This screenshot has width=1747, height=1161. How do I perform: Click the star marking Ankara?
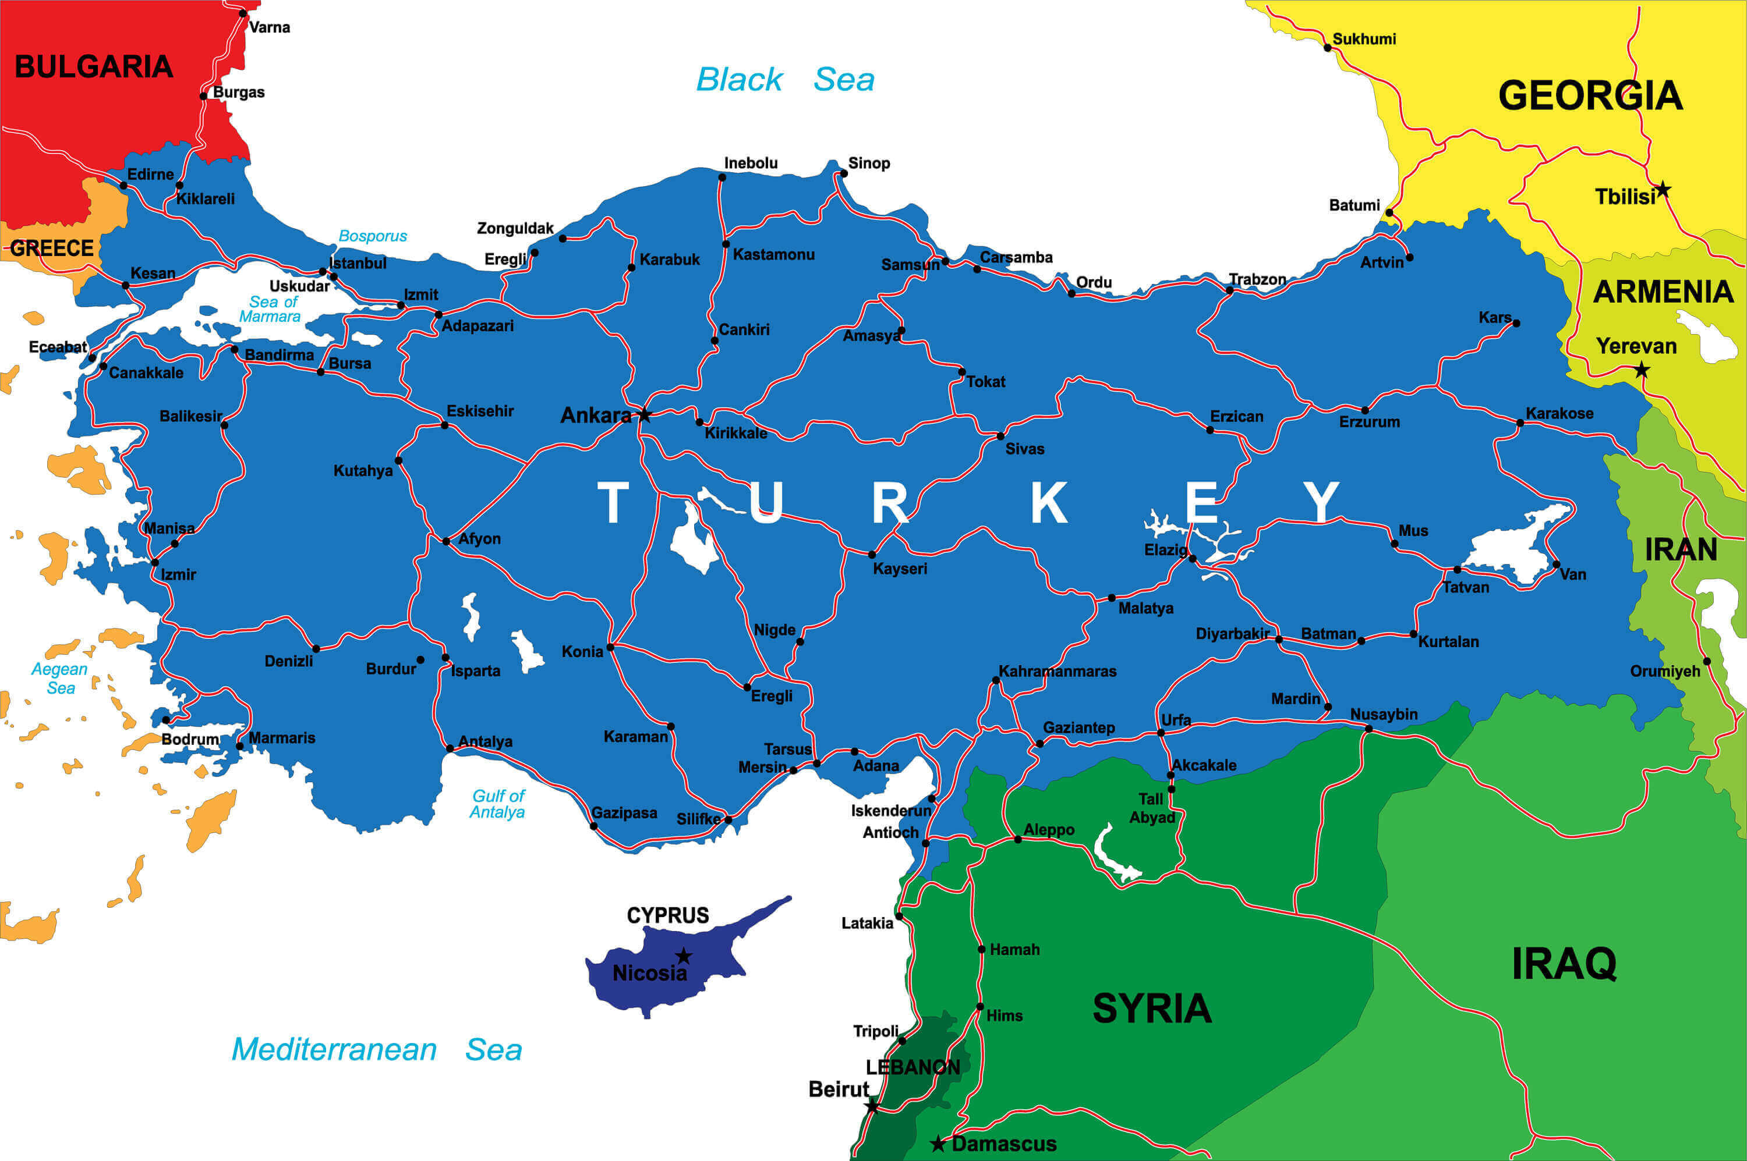pyautogui.click(x=644, y=414)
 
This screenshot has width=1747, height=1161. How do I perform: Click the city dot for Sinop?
pyautogui.click(x=843, y=174)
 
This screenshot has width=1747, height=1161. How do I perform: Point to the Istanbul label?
pyautogui.click(x=358, y=263)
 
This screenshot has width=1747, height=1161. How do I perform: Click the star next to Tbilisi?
pyautogui.click(x=1663, y=190)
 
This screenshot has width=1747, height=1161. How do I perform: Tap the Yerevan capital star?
pyautogui.click(x=1642, y=370)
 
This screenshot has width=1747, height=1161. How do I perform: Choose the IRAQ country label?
pyautogui.click(x=1563, y=963)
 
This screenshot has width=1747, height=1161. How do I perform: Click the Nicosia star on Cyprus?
pyautogui.click(x=684, y=956)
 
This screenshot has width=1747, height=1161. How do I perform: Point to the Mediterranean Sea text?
pyautogui.click(x=376, y=1049)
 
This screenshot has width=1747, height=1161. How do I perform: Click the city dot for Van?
pyautogui.click(x=1556, y=565)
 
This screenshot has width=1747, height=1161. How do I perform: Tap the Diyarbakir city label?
pyautogui.click(x=1232, y=634)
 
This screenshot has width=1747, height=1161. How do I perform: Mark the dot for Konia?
pyautogui.click(x=610, y=647)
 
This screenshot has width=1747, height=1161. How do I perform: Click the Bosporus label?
pyautogui.click(x=373, y=236)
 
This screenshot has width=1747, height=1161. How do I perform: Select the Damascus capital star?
pyautogui.click(x=938, y=1144)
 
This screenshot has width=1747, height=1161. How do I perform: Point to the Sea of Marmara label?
pyautogui.click(x=270, y=309)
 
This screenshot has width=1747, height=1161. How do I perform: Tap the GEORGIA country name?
pyautogui.click(x=1590, y=96)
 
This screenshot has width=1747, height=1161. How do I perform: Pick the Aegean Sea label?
pyautogui.click(x=59, y=678)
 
